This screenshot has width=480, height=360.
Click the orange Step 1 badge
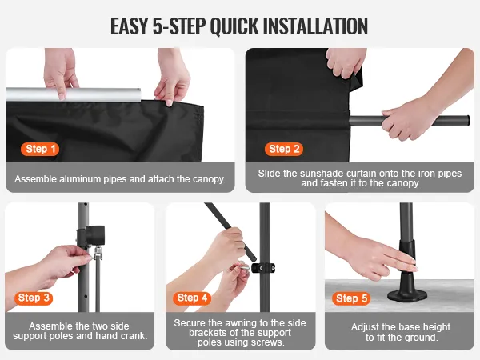point(40,149)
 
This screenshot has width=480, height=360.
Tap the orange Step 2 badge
point(284,149)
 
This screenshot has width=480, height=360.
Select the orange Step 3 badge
point(34,298)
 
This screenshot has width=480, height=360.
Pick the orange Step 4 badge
point(192,298)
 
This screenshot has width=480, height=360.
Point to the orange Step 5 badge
point(351,298)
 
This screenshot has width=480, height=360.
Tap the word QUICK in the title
point(234,27)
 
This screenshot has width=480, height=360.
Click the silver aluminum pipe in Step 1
point(74,94)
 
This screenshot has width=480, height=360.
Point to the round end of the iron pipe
point(466,120)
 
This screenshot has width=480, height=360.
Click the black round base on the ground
point(407,294)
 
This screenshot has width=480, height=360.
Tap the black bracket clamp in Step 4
point(263,268)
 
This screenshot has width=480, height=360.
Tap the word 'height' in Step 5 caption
point(436,327)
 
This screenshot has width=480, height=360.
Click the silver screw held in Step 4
point(242,266)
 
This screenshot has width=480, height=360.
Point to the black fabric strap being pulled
point(356,78)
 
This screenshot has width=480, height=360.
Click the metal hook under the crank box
point(98,253)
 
